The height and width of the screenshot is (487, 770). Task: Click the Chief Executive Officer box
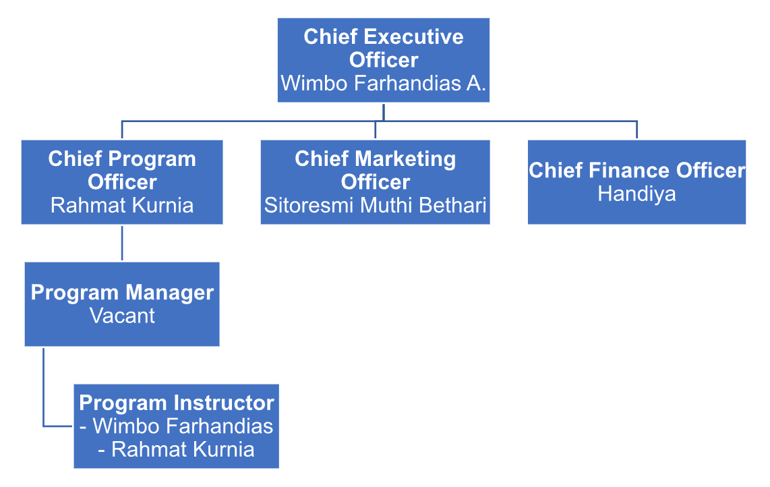[x=383, y=60]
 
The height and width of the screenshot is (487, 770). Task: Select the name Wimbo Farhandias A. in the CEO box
[x=383, y=84]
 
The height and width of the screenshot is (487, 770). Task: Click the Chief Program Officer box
[x=122, y=182]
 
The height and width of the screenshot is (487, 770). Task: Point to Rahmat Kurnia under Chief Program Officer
[x=122, y=205]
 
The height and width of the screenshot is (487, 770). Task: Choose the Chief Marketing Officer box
[x=375, y=182]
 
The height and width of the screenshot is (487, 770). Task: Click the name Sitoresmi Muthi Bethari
[x=375, y=205]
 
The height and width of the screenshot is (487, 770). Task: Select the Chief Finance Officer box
[x=636, y=182]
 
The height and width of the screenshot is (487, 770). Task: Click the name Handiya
[x=636, y=194]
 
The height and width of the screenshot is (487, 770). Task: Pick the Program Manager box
[x=122, y=304]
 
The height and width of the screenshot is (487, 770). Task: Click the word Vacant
[x=122, y=316]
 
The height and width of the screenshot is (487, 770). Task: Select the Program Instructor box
[x=176, y=426]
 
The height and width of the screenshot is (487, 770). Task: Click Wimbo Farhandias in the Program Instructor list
[x=182, y=426]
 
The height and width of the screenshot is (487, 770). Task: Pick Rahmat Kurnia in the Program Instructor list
[x=182, y=449]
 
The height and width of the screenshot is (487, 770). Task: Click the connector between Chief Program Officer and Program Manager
[x=122, y=243]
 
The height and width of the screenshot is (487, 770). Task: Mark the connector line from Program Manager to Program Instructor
[x=44, y=391]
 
